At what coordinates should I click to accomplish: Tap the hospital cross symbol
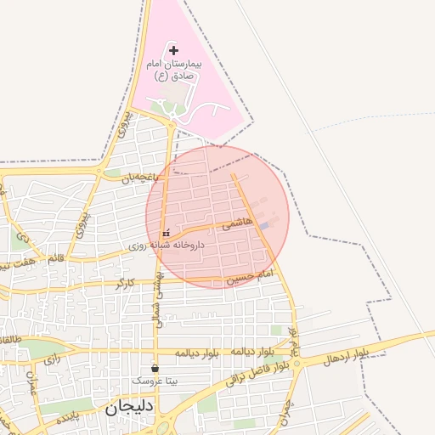(x=174, y=52)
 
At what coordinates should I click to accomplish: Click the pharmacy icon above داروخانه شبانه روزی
(x=167, y=232)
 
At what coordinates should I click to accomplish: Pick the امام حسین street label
(x=252, y=277)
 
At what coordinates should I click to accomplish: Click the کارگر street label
(x=124, y=281)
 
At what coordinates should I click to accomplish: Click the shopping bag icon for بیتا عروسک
(x=155, y=368)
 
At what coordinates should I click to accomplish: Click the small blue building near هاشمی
(x=267, y=225)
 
